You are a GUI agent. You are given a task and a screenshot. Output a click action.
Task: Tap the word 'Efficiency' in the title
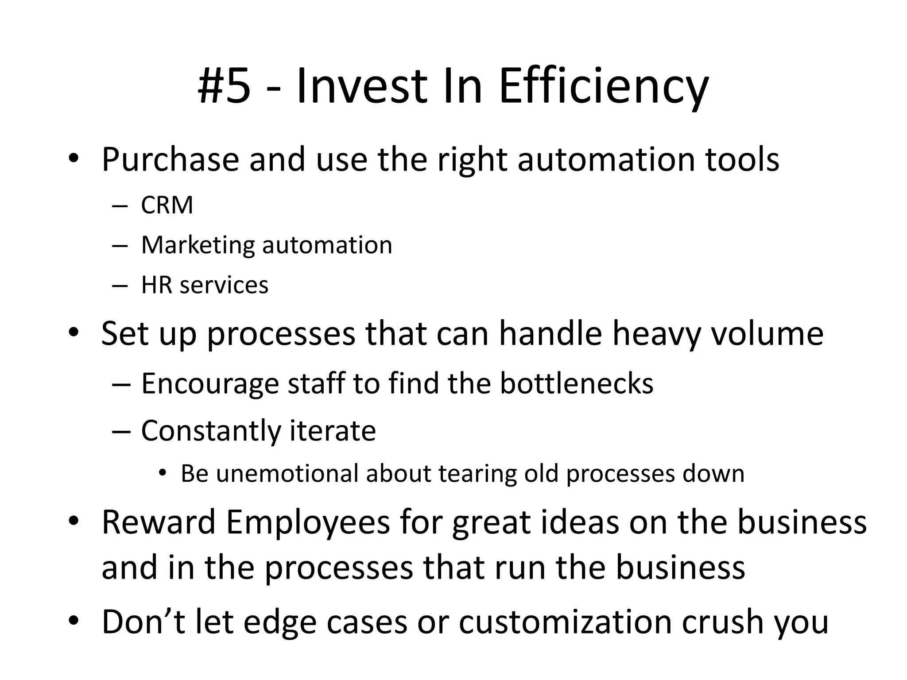603,87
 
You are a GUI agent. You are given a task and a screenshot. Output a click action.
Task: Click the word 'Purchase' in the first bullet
171,159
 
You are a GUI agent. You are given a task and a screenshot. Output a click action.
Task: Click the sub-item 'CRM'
167,205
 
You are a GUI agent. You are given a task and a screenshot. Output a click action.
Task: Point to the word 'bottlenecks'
577,383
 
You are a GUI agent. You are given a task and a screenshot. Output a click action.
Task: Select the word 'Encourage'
210,384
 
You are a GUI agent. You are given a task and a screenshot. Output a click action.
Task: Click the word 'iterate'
333,430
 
